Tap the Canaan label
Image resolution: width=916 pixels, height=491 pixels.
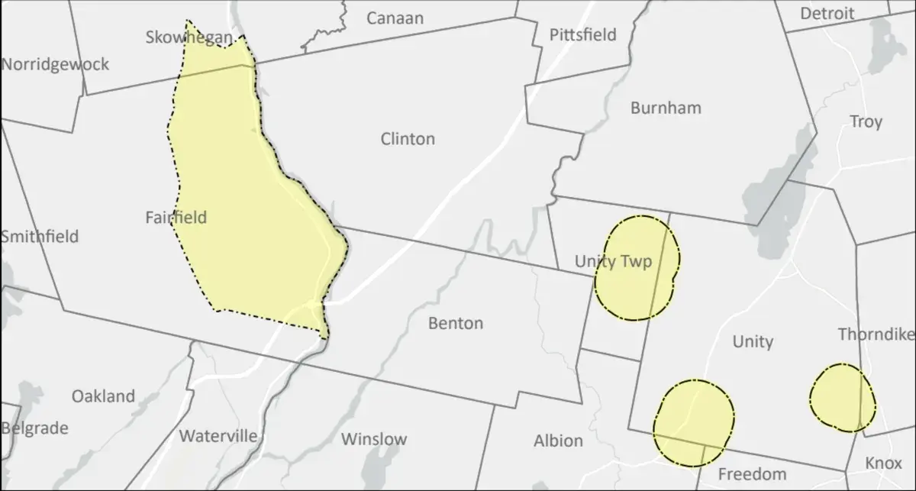point(395,18)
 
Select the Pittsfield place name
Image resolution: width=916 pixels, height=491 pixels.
point(582,34)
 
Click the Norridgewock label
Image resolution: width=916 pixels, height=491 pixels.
point(55,64)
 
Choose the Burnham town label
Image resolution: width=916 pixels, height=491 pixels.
point(666,108)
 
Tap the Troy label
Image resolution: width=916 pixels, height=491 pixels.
point(866,121)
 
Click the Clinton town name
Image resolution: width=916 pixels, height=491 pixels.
point(408,139)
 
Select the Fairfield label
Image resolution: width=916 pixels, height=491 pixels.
point(176,218)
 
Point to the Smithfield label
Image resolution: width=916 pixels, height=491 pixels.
point(39,236)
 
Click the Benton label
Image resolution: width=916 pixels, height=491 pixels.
point(455,323)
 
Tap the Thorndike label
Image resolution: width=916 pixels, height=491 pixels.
point(876,334)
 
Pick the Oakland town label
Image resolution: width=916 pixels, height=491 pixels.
point(103,396)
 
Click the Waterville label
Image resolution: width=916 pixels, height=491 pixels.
point(218,436)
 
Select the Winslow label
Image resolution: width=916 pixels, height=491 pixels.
point(374,439)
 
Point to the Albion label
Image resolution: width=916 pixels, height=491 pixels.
point(558,441)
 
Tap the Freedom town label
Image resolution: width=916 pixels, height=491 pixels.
point(752,474)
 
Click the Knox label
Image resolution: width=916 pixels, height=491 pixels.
point(883,464)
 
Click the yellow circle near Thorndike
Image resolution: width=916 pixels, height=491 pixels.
point(842,397)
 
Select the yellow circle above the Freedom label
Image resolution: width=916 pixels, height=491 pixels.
point(694,422)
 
